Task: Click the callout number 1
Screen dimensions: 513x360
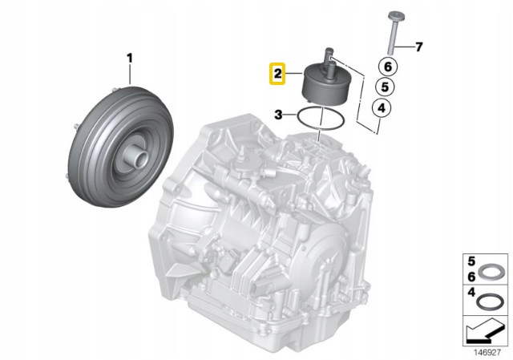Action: point(130,59)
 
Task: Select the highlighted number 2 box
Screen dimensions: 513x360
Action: point(277,73)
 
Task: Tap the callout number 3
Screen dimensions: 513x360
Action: point(278,115)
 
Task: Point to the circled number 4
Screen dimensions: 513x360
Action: point(382,107)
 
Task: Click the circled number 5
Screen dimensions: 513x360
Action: point(385,87)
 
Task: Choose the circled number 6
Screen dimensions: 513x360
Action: point(388,67)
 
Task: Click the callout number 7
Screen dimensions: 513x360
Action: point(419,47)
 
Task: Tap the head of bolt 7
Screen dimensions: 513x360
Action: point(396,15)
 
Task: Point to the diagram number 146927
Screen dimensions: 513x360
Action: point(487,353)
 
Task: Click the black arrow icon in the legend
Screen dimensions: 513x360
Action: point(485,330)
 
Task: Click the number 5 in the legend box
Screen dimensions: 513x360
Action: point(471,261)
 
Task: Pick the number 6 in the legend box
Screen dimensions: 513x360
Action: point(471,277)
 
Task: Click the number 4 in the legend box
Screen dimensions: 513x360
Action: point(471,292)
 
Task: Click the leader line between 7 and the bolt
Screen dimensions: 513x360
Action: point(404,47)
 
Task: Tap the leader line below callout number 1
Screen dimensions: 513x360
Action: point(130,75)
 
